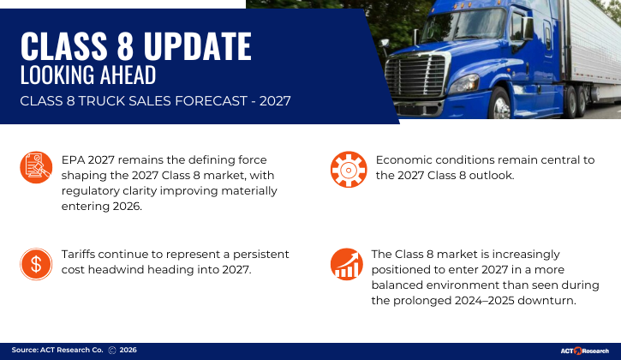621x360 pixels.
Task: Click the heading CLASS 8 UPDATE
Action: coord(135,45)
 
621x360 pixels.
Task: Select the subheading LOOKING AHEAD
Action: coord(87,75)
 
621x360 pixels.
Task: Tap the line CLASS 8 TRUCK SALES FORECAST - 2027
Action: coord(155,101)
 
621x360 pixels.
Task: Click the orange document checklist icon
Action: coord(36,167)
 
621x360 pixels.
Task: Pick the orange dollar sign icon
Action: coord(36,264)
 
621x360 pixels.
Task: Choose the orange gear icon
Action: coord(347,169)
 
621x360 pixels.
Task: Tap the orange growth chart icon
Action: coord(347,264)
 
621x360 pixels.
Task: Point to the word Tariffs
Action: coord(82,255)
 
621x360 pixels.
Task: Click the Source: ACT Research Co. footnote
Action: coord(57,351)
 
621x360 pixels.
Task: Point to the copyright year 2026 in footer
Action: coord(128,351)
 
